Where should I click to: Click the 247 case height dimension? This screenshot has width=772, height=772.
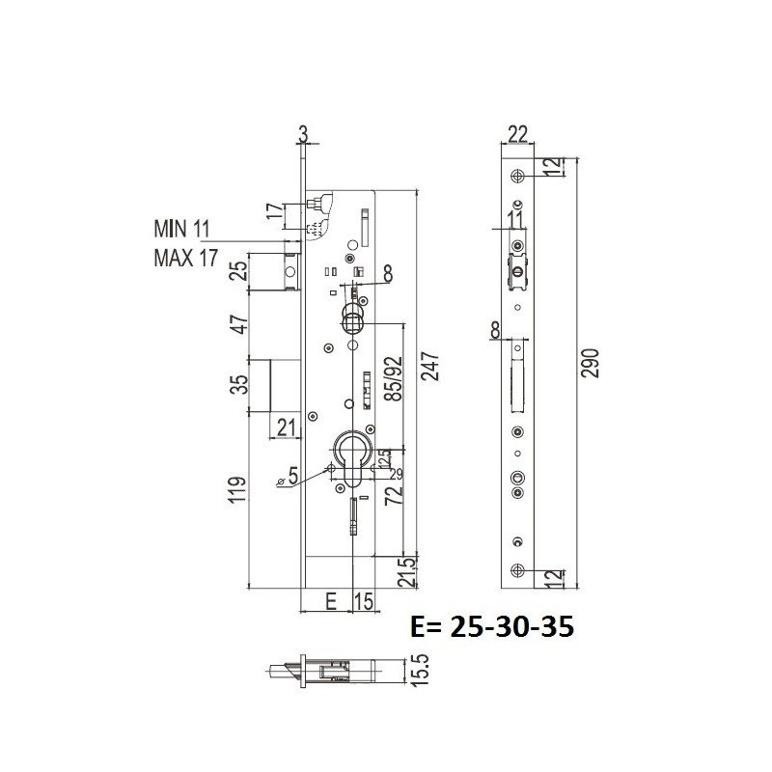[429, 366]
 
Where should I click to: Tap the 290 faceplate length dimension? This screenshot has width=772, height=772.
[591, 363]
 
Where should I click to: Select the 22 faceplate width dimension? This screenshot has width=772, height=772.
[517, 133]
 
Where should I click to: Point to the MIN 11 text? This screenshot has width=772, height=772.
[181, 229]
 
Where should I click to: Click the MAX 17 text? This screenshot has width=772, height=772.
[185, 258]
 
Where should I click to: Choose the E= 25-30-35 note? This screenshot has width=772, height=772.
[492, 626]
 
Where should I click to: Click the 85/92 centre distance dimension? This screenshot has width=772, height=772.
[394, 378]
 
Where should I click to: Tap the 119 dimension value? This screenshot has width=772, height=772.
[237, 489]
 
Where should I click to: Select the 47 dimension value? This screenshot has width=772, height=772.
[240, 323]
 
